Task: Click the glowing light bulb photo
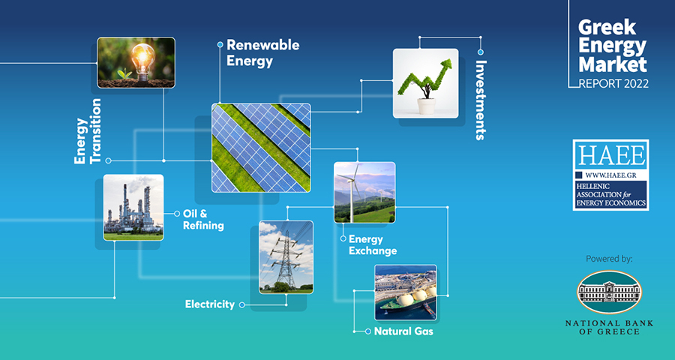(136, 62)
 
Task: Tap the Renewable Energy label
(262, 53)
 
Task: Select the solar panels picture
(261, 148)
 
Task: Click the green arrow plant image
(425, 83)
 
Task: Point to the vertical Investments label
(481, 100)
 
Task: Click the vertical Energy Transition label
(88, 131)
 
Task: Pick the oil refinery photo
(133, 208)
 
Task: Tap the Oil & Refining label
(203, 219)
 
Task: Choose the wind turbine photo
(364, 193)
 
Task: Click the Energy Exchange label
(372, 244)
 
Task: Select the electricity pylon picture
(286, 257)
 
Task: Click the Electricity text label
(210, 304)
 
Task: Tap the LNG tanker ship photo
(406, 292)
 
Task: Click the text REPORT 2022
(613, 83)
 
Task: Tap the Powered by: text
(609, 259)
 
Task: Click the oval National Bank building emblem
(609, 292)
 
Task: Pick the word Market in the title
(613, 64)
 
